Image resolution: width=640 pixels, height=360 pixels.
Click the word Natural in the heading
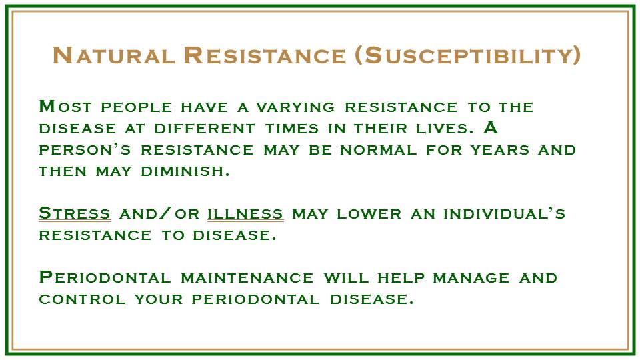point(114,55)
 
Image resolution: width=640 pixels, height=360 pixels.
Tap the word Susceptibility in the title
point(468,55)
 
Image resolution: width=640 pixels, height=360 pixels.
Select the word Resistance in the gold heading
point(265,55)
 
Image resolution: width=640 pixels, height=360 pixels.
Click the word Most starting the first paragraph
point(65,107)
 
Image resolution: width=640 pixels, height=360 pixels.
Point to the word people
point(136,107)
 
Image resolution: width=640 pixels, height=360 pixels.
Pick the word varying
point(295,107)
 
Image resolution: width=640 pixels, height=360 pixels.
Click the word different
point(205,129)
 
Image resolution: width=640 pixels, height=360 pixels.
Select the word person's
point(85,150)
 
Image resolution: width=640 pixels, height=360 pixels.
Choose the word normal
point(379,150)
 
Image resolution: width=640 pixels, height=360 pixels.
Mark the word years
point(499,150)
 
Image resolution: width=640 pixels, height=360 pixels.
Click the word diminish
point(185,171)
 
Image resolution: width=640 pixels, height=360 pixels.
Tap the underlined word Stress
point(75,213)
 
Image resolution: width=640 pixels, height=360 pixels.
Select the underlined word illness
point(245,213)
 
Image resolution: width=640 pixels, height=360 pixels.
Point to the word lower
point(369,214)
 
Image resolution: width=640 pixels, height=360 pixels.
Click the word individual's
point(505,213)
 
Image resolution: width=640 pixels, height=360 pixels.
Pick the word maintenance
point(247,278)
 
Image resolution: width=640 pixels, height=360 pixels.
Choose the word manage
point(471,278)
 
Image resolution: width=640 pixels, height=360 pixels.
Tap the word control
point(82,299)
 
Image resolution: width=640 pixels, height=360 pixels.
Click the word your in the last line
point(159,299)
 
